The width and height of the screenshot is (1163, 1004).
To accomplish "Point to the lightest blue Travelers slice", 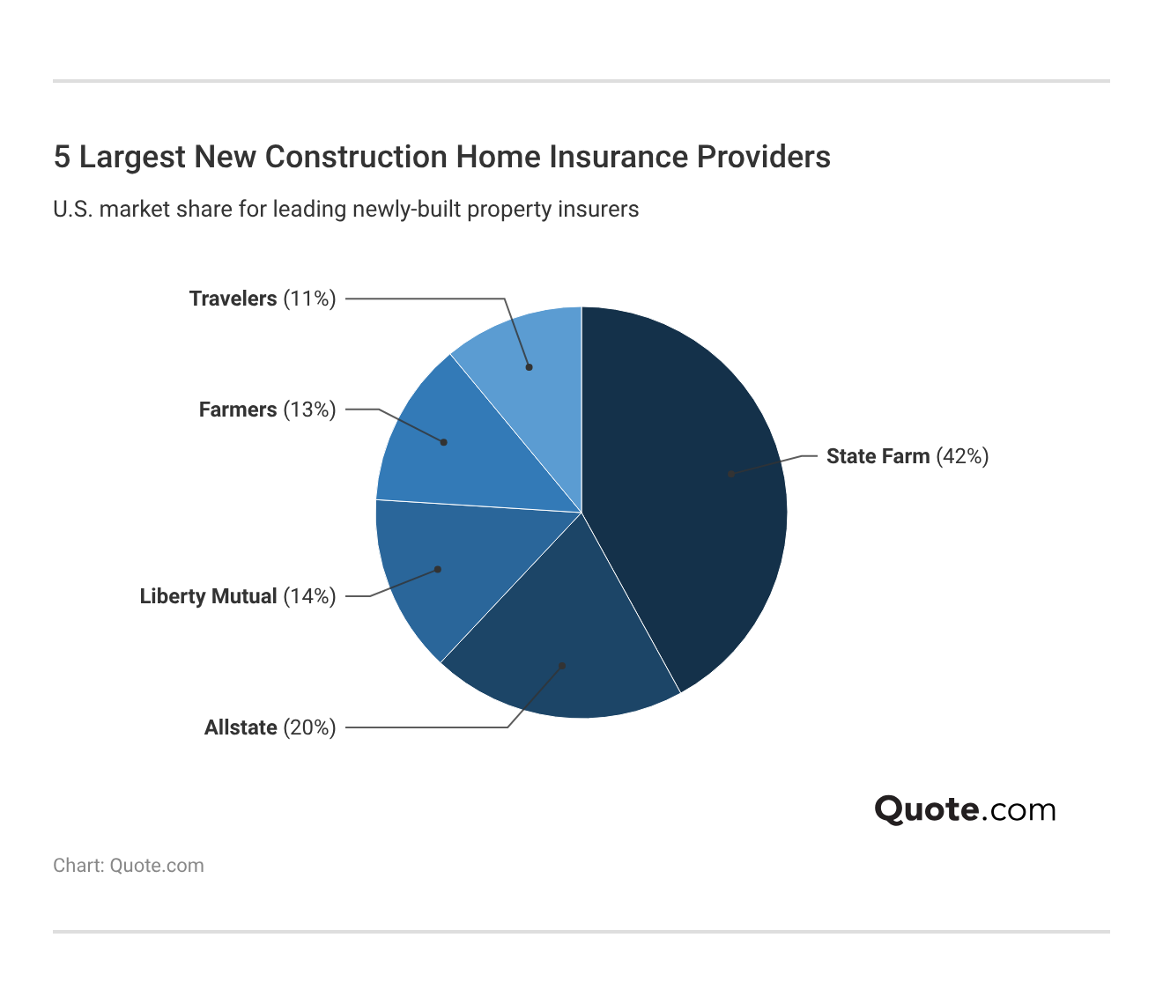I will point(529,352).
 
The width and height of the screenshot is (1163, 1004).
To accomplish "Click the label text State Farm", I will point(878,456).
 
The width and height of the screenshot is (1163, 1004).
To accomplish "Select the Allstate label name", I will point(241,727).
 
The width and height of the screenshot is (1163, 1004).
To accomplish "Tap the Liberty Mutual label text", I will point(208,596).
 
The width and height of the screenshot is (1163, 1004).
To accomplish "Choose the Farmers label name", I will point(238,410).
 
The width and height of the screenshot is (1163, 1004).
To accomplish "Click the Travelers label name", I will point(233,299).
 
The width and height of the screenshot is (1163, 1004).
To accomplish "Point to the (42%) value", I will point(962,456).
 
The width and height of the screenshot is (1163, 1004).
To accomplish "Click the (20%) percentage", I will point(309,727).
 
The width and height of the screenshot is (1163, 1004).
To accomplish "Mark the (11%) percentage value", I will point(309,299).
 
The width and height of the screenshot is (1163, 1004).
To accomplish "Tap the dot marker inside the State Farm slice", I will point(731,474).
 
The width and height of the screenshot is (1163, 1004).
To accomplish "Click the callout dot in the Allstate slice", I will point(562,666).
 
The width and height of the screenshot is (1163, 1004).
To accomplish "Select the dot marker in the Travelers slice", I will point(530,367).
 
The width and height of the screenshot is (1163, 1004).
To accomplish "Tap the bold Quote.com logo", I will point(965,808).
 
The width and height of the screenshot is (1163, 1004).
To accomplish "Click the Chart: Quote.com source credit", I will point(129,866).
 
